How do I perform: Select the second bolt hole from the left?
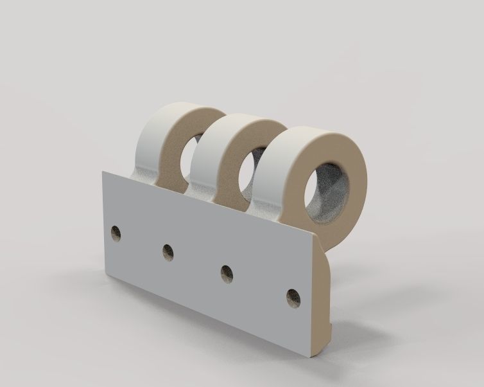169,252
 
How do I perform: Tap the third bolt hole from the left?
226,273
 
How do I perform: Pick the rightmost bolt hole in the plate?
293,297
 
